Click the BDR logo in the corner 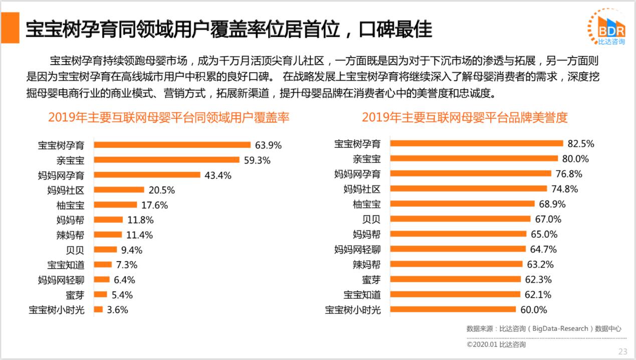coord(607,27)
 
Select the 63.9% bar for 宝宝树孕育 coord(172,145)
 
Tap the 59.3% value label coord(257,160)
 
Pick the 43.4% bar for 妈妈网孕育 coord(147,175)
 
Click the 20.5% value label coord(161,190)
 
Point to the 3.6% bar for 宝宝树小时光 coord(98,309)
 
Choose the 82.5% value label coord(581,144)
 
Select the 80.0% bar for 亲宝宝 coord(474,158)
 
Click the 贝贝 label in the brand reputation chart coord(371,219)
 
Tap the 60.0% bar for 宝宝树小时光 coord(453,309)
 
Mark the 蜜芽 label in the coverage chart coord(75,295)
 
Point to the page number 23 coord(622,351)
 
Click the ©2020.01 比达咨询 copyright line coord(496,344)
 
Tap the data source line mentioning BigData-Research coord(544,329)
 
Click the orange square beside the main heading coord(10,28)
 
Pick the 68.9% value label coord(552,204)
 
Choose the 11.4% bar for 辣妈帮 coord(108,235)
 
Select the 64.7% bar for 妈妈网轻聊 coord(458,249)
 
